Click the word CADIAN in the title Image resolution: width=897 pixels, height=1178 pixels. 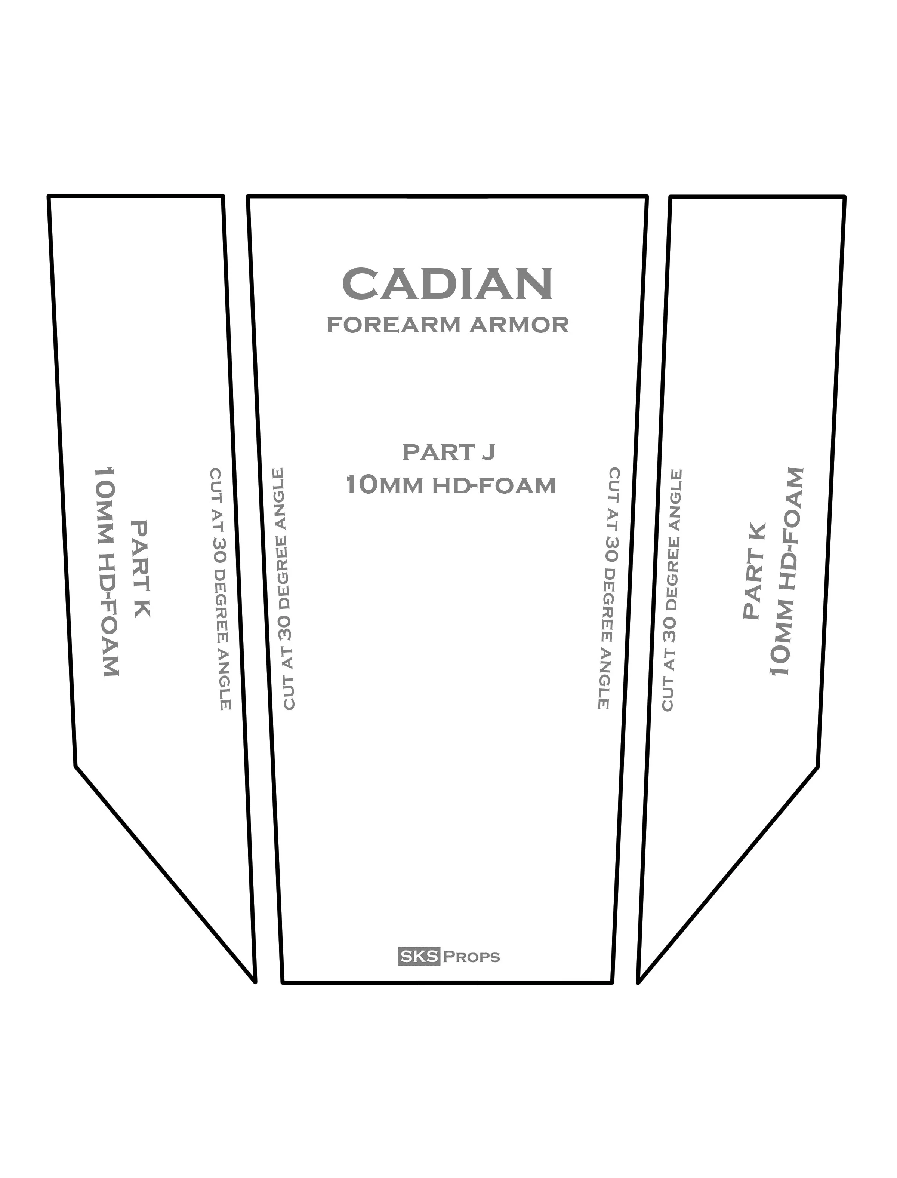tap(447, 284)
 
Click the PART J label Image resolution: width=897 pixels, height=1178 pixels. tap(449, 452)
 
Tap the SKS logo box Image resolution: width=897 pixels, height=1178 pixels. tap(419, 956)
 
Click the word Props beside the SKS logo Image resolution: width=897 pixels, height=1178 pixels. tap(471, 957)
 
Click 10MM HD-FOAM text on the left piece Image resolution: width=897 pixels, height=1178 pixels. tap(106, 572)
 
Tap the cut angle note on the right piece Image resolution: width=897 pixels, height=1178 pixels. tap(672, 590)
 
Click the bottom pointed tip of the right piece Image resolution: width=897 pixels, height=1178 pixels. tap(639, 981)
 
